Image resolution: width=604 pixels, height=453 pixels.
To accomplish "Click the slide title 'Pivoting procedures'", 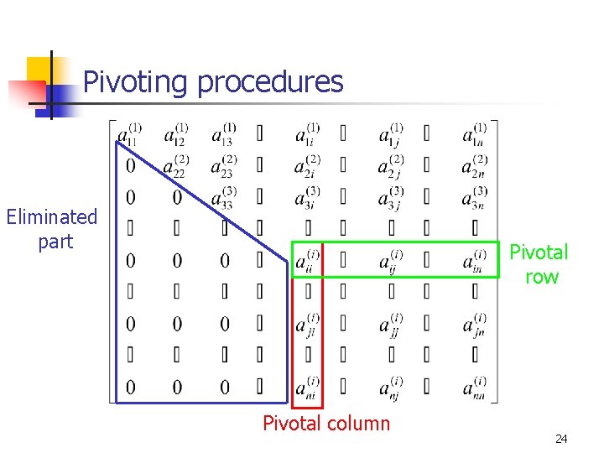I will click(x=213, y=82).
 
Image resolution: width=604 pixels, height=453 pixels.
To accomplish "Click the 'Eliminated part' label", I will click(x=52, y=229).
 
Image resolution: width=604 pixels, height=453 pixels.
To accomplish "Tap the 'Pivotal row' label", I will click(x=539, y=264).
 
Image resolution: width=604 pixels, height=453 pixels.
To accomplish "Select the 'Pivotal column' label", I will click(x=326, y=424).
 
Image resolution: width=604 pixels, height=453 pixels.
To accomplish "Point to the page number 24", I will click(x=561, y=440).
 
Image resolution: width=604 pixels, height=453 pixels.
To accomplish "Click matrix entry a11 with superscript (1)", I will click(x=130, y=135).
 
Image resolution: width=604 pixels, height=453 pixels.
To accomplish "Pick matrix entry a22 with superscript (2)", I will click(x=176, y=166).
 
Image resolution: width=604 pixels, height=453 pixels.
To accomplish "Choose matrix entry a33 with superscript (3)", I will click(x=223, y=198).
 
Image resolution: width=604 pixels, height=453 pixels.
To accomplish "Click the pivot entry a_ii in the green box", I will click(x=307, y=261).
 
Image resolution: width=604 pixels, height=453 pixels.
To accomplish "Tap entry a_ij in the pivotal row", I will click(x=390, y=261).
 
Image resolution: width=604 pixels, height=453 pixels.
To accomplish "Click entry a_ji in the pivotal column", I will click(x=307, y=324).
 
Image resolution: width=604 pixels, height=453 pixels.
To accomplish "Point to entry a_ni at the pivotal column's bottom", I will click(x=307, y=387).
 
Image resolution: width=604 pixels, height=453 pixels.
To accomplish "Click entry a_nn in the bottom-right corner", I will click(x=474, y=387).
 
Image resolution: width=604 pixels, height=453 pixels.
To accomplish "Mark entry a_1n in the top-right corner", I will click(x=474, y=135).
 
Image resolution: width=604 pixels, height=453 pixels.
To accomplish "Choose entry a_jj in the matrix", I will click(x=390, y=324).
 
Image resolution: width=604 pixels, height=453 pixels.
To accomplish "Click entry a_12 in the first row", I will click(x=176, y=135).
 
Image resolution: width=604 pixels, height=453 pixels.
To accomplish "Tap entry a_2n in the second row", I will click(x=474, y=166).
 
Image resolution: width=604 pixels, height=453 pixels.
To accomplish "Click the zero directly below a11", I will click(x=130, y=166).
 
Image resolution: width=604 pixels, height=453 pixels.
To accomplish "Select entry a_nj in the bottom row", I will click(x=390, y=387).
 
